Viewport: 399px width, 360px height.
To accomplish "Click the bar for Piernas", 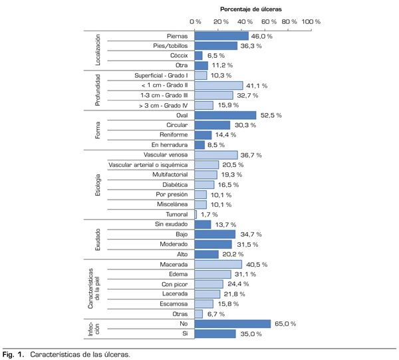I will [221, 36].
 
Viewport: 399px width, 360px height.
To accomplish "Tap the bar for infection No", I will [233, 324].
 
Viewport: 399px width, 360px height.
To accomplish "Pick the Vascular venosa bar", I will [216, 155].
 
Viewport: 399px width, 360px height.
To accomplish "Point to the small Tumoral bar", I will [196, 214].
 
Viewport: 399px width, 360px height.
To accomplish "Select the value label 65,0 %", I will [285, 324].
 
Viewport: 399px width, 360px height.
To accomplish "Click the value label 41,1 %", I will [257, 86].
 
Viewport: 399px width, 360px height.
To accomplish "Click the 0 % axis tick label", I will [195, 21].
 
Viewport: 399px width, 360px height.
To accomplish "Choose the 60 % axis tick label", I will [271, 21].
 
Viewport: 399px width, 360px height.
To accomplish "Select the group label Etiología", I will [98, 184].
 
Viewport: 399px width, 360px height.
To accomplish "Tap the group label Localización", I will [98, 51].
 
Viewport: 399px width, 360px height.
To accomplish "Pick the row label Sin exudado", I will [170, 224].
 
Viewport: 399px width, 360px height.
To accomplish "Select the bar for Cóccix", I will [199, 56].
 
